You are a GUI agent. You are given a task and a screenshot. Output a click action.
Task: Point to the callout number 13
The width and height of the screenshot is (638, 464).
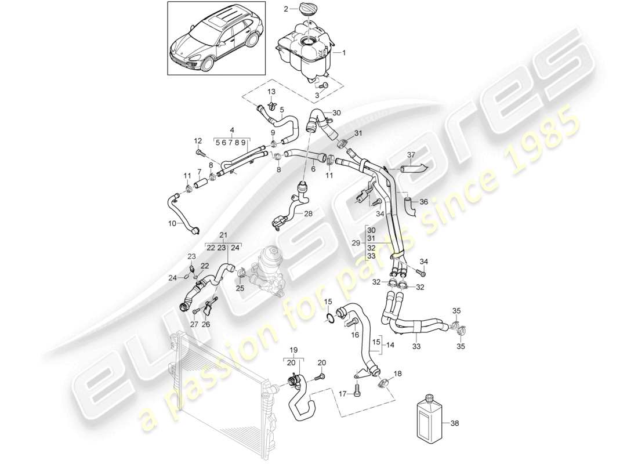[271, 92]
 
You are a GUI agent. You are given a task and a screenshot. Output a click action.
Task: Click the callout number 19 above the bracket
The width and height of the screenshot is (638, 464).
[293, 350]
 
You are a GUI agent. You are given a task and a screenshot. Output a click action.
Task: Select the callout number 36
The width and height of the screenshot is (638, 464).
[424, 202]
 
